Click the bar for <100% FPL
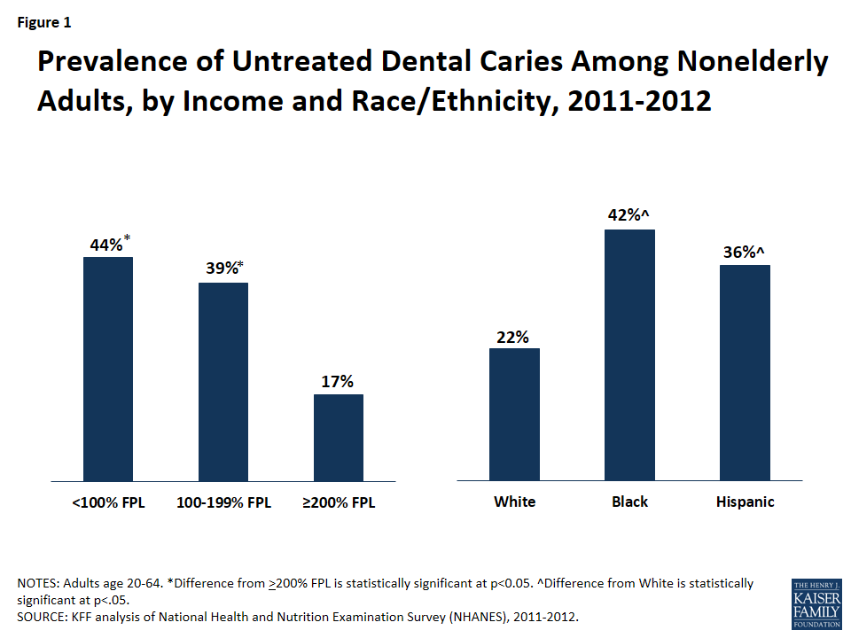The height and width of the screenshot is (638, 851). click(108, 369)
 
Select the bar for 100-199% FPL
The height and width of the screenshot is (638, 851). click(223, 382)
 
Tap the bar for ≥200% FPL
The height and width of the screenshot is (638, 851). click(339, 437)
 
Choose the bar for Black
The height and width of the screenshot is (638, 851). click(629, 355)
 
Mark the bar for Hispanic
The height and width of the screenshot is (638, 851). click(745, 373)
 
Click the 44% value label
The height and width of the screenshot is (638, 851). click(106, 245)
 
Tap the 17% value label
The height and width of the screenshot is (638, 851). click(339, 382)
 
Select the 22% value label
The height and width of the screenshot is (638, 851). click(514, 337)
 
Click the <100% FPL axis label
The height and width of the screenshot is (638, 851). click(108, 502)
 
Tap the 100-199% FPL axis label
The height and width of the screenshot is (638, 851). click(223, 502)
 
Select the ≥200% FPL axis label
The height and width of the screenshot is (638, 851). click(339, 502)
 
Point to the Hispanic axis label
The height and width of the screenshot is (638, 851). click(745, 502)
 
